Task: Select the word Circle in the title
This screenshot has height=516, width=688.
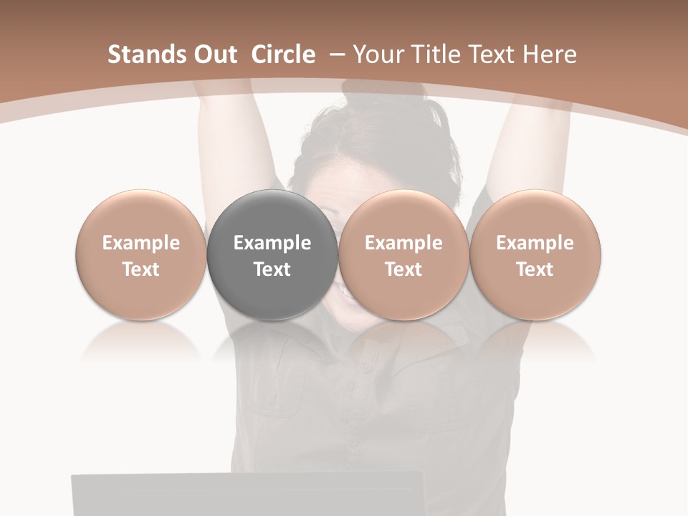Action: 283,54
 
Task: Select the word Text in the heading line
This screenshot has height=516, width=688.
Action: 491,54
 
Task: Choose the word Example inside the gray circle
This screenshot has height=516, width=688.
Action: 272,243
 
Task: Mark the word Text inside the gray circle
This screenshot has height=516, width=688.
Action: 272,269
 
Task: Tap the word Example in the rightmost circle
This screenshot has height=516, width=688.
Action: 535,243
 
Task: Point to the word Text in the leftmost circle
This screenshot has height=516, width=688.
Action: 141,269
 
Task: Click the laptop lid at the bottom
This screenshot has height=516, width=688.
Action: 244,494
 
